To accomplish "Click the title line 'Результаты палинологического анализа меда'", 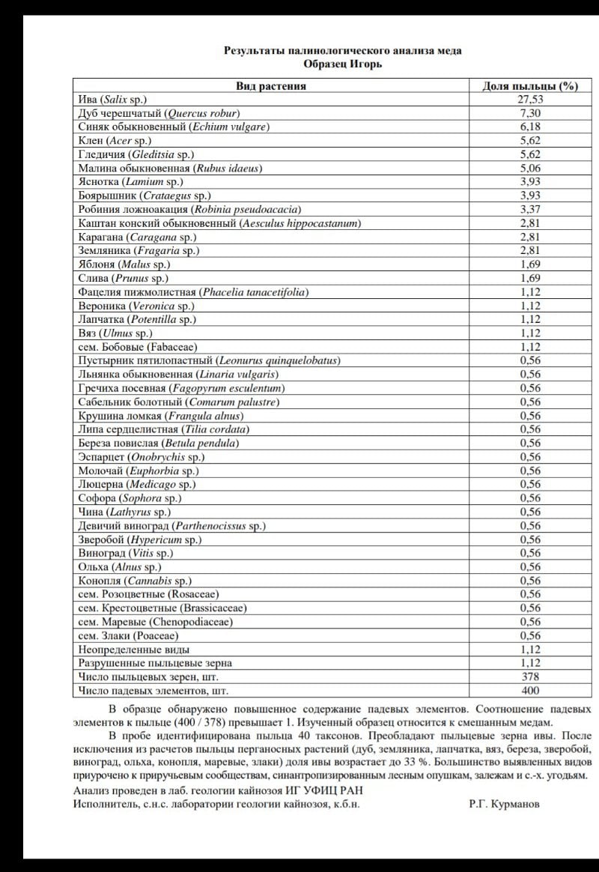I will (343, 51).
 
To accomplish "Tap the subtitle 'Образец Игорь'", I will (343, 64).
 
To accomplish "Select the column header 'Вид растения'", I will (271, 85).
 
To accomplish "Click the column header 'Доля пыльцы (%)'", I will (529, 85).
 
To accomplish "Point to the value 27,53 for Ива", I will (529, 99).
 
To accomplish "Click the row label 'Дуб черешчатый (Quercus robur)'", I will (159, 113).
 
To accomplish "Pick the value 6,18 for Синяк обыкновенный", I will (529, 127).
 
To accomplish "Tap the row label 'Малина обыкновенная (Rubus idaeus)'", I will (170, 168).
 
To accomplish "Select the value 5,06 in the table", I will (529, 168).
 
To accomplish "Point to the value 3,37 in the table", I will (529, 209).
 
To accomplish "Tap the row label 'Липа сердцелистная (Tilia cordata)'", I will (164, 429).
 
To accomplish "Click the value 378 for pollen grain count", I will (529, 676).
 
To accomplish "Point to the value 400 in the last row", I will (529, 690).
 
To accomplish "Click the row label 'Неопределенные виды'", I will (134, 650).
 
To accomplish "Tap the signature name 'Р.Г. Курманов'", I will (504, 804).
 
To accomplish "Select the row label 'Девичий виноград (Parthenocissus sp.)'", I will (171, 526).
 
